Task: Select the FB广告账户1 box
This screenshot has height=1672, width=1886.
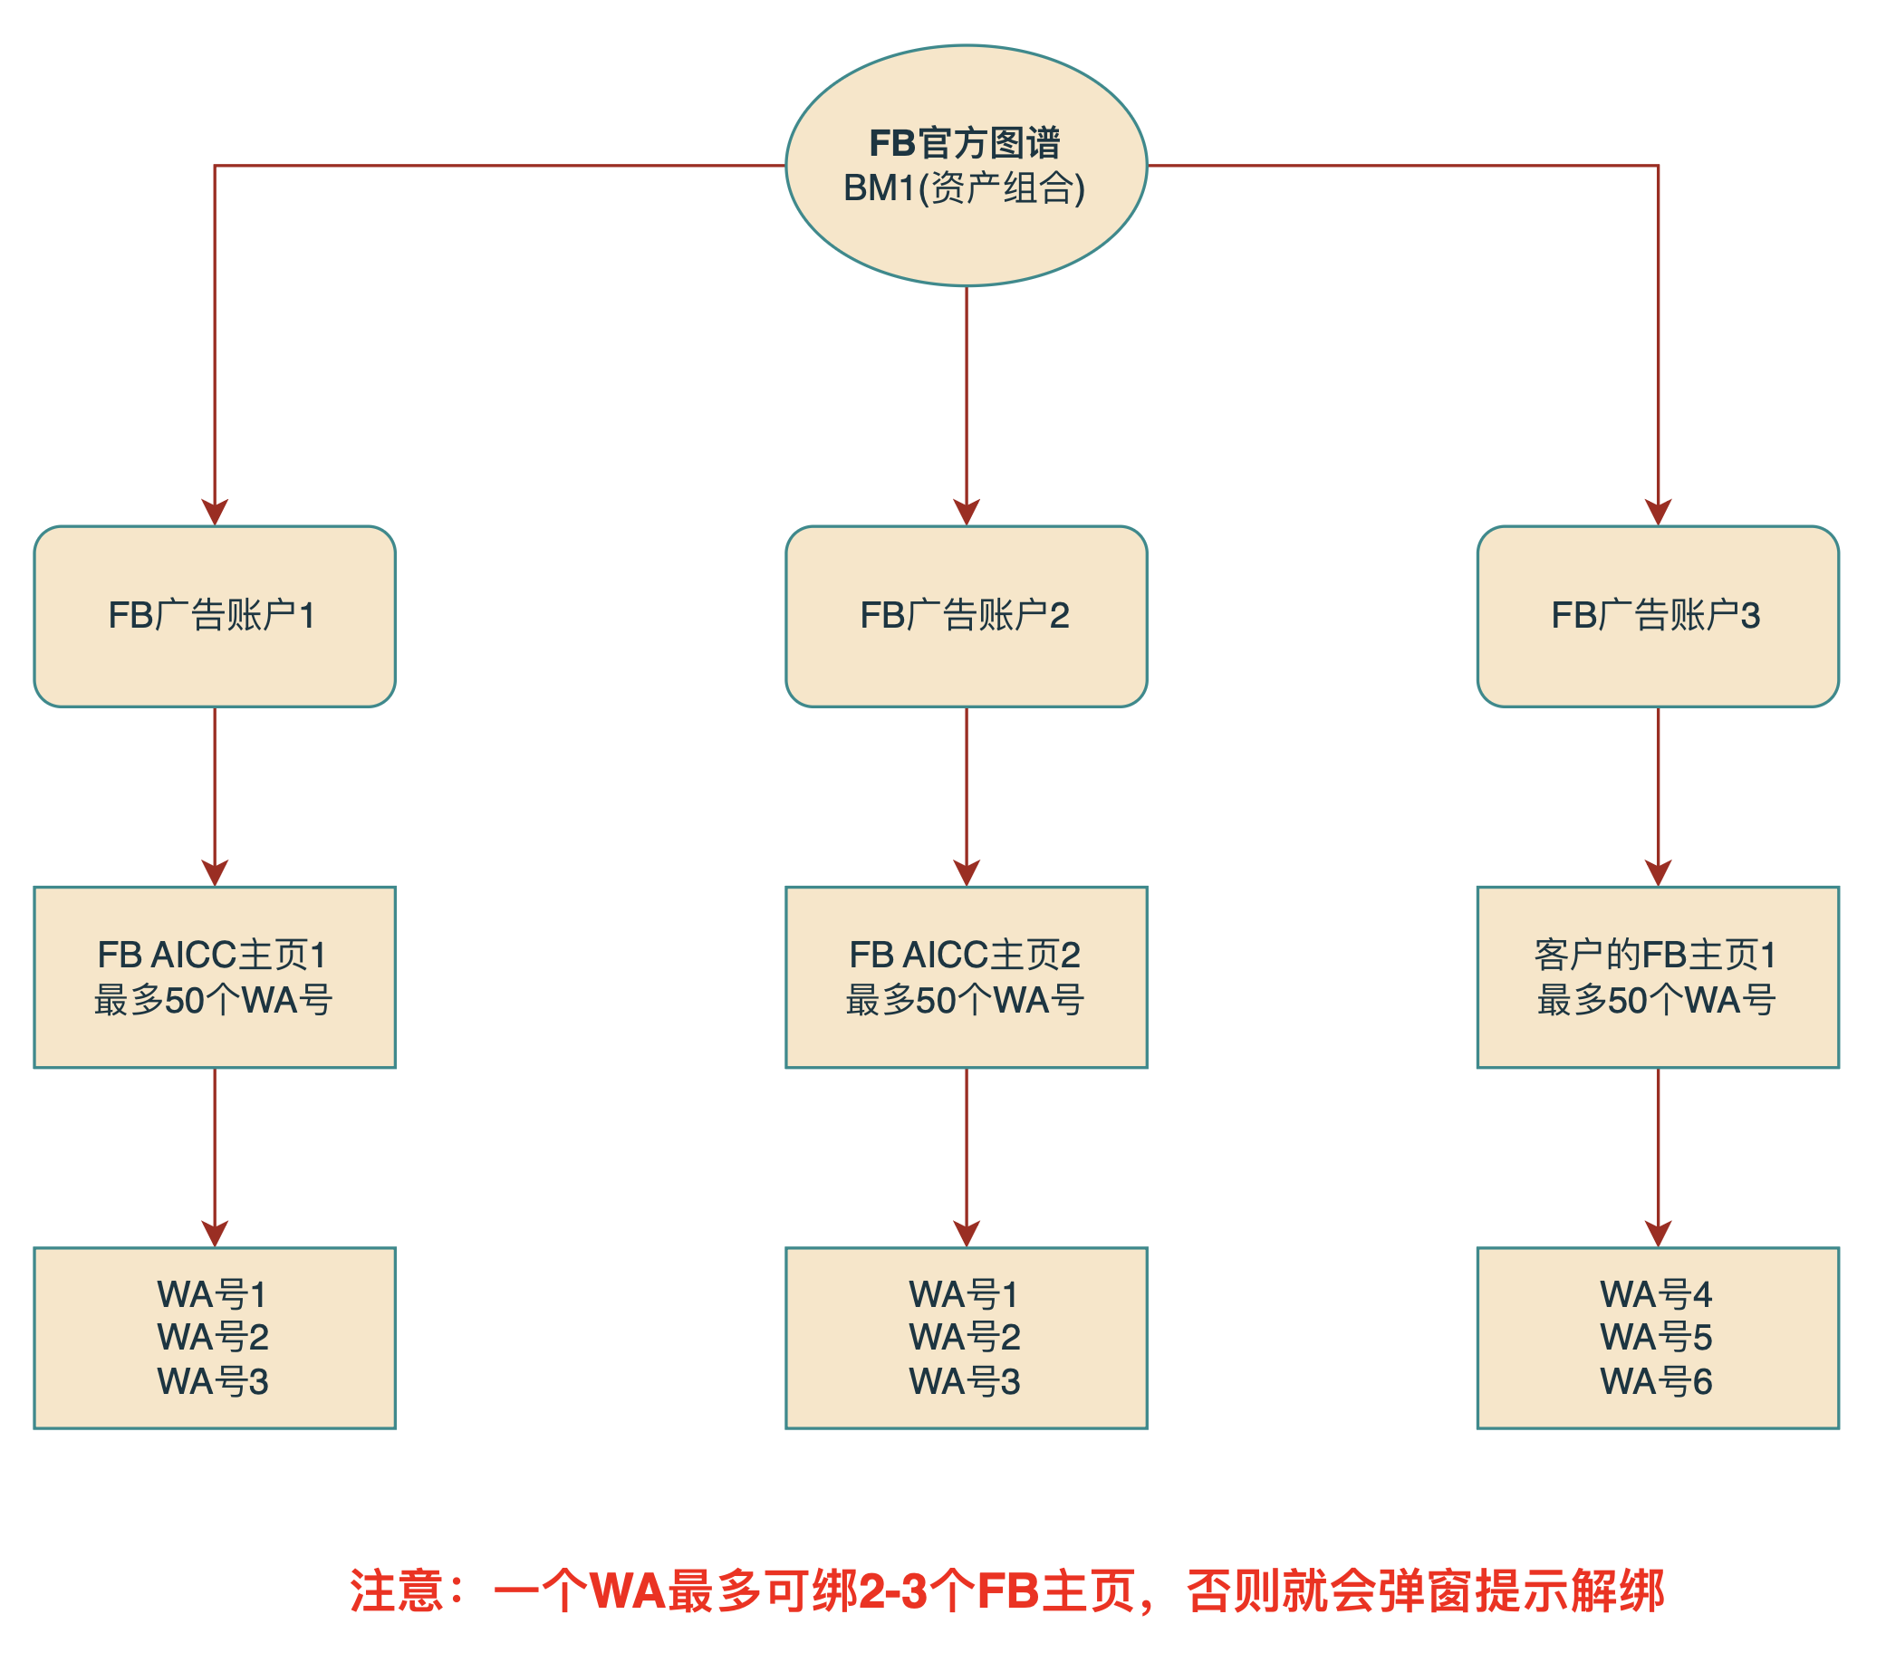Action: pyautogui.click(x=215, y=617)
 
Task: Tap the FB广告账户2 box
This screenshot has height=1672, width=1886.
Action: pyautogui.click(x=966, y=617)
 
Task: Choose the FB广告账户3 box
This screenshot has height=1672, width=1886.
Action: pyautogui.click(x=1657, y=617)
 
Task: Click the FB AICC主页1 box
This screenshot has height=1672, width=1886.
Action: pyautogui.click(x=215, y=977)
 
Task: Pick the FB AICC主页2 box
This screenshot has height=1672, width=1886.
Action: pyautogui.click(x=966, y=977)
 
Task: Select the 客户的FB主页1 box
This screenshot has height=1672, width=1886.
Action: pyautogui.click(x=1657, y=977)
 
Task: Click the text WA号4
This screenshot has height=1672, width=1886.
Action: pyautogui.click(x=1655, y=1294)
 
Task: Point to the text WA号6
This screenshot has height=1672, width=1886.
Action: pyautogui.click(x=1655, y=1381)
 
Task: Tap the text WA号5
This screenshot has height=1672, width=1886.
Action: pyautogui.click(x=1655, y=1337)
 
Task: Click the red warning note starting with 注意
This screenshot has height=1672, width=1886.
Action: pyautogui.click(x=1006, y=1591)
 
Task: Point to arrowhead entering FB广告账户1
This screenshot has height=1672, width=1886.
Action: pyautogui.click(x=215, y=513)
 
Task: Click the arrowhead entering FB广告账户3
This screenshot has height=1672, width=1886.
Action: pyautogui.click(x=1657, y=513)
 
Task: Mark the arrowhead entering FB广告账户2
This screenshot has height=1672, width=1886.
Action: pyautogui.click(x=966, y=513)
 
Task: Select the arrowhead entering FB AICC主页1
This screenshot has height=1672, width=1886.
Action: pyautogui.click(x=215, y=874)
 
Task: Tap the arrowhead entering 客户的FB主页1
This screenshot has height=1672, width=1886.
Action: pyautogui.click(x=1657, y=874)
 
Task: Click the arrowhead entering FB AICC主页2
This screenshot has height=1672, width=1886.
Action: pyautogui.click(x=966, y=874)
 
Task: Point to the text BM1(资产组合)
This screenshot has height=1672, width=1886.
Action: pyautogui.click(x=964, y=188)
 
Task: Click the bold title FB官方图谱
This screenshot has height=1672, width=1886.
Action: pyautogui.click(x=964, y=143)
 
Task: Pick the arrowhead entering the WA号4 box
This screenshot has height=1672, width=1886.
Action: pyautogui.click(x=1657, y=1235)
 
